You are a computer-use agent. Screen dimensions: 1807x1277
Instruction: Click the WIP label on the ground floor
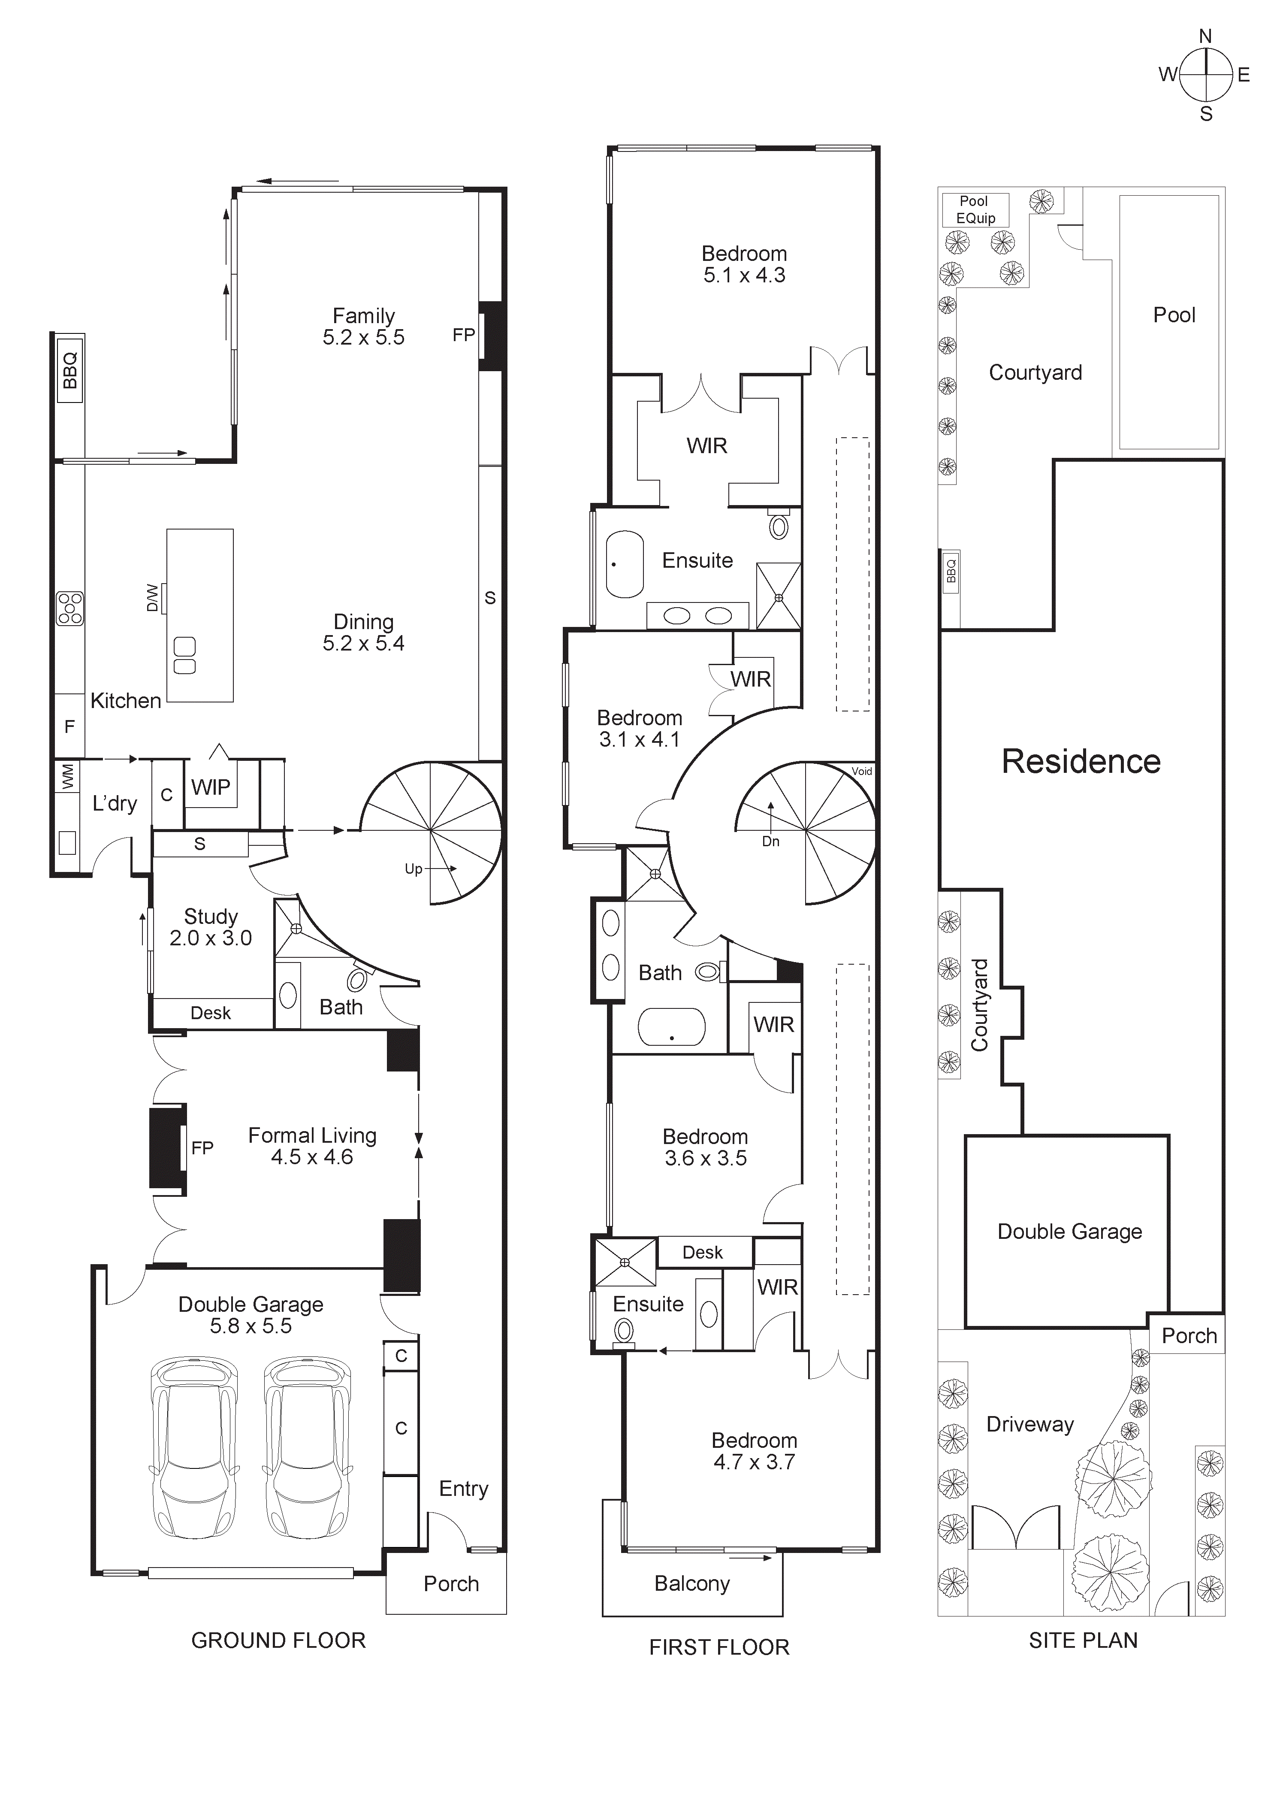(210, 787)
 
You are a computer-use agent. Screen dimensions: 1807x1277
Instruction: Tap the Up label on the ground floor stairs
(413, 869)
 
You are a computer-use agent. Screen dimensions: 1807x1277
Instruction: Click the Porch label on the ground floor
(451, 1583)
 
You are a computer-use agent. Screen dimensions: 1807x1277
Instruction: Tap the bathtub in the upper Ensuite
(625, 564)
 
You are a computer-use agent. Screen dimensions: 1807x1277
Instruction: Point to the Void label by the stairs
(862, 771)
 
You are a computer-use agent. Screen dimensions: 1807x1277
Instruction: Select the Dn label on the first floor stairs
(770, 841)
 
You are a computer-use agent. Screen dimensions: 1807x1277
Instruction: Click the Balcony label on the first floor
(691, 1583)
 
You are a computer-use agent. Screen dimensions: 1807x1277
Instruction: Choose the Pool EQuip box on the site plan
(975, 209)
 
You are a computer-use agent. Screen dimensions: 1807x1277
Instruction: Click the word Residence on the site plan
(1080, 762)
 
